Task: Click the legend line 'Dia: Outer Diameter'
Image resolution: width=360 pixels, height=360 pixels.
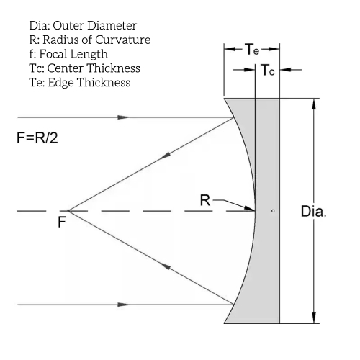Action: pos(83,25)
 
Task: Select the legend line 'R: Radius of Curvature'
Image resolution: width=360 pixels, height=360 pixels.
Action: pos(90,40)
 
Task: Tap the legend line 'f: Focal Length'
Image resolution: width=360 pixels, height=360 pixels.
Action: pos(68,54)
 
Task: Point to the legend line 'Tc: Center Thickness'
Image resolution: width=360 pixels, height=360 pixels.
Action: pos(84,68)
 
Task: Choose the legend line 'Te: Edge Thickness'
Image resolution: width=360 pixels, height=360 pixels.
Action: pos(80,83)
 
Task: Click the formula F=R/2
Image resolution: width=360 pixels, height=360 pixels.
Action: pos(37,138)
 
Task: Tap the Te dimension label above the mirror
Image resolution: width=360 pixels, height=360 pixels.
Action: pos(252,49)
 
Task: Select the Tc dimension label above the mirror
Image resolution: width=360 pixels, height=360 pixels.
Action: pos(268,70)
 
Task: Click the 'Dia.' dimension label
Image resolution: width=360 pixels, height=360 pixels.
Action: pos(313,211)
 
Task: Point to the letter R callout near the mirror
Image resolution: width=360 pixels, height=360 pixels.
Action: pos(205,200)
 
